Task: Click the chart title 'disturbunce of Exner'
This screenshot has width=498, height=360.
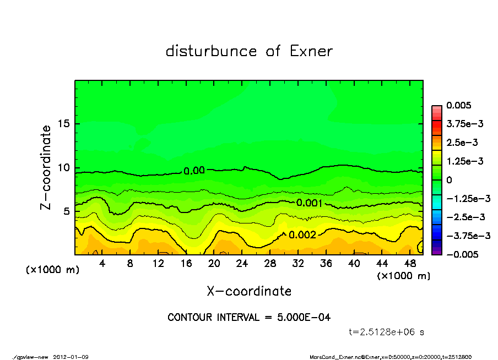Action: (249, 51)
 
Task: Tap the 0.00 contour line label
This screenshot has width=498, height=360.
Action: (194, 171)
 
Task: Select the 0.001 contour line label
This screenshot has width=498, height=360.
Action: (309, 203)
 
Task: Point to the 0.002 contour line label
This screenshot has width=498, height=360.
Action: (302, 234)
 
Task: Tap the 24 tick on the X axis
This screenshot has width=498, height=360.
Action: (242, 264)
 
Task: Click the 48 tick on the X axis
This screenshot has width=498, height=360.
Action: (410, 264)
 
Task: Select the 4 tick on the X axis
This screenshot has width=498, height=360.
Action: (102, 264)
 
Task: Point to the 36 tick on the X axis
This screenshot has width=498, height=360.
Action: (326, 264)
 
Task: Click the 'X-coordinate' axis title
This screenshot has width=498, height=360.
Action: (249, 291)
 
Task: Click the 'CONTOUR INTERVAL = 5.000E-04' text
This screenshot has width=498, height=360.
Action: (249, 318)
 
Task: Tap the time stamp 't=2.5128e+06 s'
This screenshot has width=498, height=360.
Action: (386, 332)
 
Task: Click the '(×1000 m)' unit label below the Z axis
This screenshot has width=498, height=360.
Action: (51, 270)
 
